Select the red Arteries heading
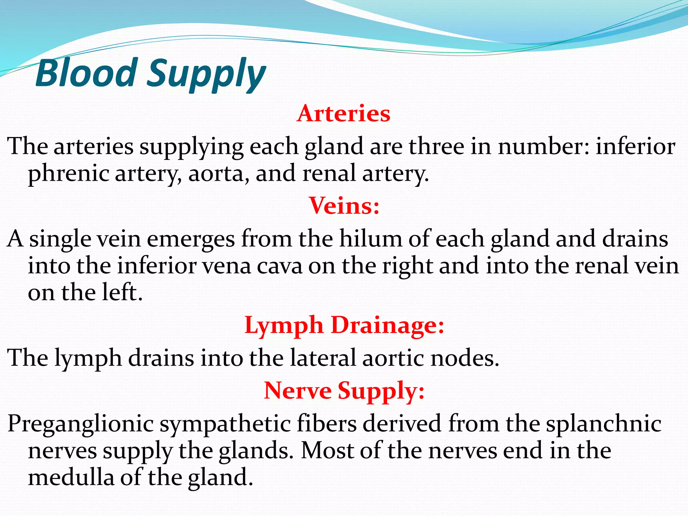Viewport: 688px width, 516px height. (343, 114)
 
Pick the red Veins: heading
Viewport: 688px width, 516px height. (344, 206)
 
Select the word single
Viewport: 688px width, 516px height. (60, 239)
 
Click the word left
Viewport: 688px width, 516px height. (122, 292)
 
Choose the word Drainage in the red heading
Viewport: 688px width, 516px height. (387, 326)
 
